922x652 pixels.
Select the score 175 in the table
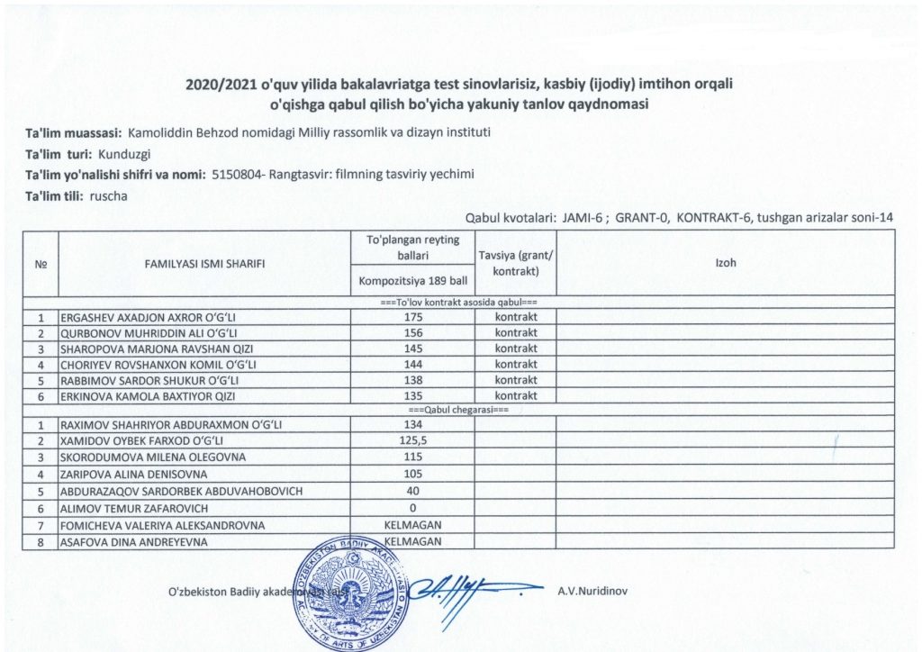click(x=414, y=318)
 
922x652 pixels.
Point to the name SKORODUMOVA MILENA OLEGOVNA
click(x=144, y=457)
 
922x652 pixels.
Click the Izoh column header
click(x=726, y=263)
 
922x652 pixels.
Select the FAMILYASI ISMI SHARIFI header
click(x=204, y=264)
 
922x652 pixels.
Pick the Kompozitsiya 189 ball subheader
click(x=413, y=280)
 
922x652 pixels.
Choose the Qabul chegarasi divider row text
click(x=458, y=410)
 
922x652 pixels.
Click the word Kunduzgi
click(x=124, y=153)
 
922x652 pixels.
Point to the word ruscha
click(x=108, y=195)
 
